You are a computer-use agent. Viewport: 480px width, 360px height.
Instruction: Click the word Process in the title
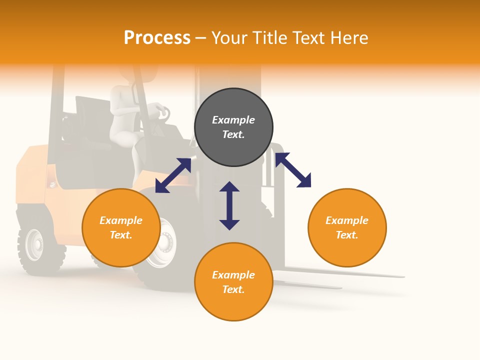coord(157,38)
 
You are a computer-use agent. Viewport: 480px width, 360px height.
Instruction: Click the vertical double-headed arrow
coord(229,205)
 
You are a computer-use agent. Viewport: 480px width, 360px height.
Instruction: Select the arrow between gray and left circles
coord(173,175)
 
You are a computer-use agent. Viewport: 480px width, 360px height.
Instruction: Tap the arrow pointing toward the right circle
coord(293,170)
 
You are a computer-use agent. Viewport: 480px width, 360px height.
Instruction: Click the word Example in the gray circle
coord(233,120)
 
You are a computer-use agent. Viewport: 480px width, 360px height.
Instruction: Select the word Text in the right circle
coord(346,235)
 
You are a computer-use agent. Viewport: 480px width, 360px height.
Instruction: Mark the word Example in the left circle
coord(121,220)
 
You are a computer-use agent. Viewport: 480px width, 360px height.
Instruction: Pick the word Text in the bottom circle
coord(233,289)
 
